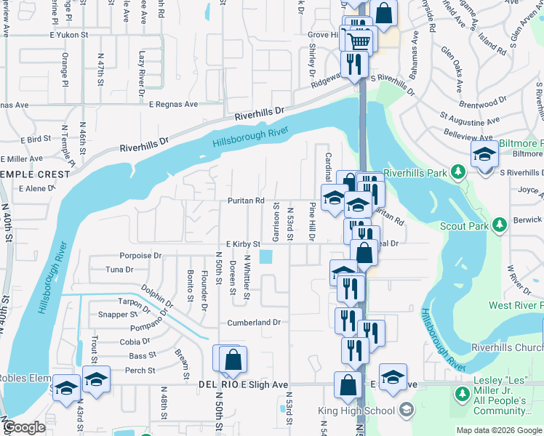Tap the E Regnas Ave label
pos(173,105)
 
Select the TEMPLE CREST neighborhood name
pos(35,174)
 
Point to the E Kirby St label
pos(238,244)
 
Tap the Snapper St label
pos(117,315)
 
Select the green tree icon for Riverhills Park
pos(458,171)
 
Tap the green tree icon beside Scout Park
pos(500,225)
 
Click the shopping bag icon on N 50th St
pos(233,359)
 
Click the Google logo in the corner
pos(24,428)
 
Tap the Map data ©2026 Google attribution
pos(499,430)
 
